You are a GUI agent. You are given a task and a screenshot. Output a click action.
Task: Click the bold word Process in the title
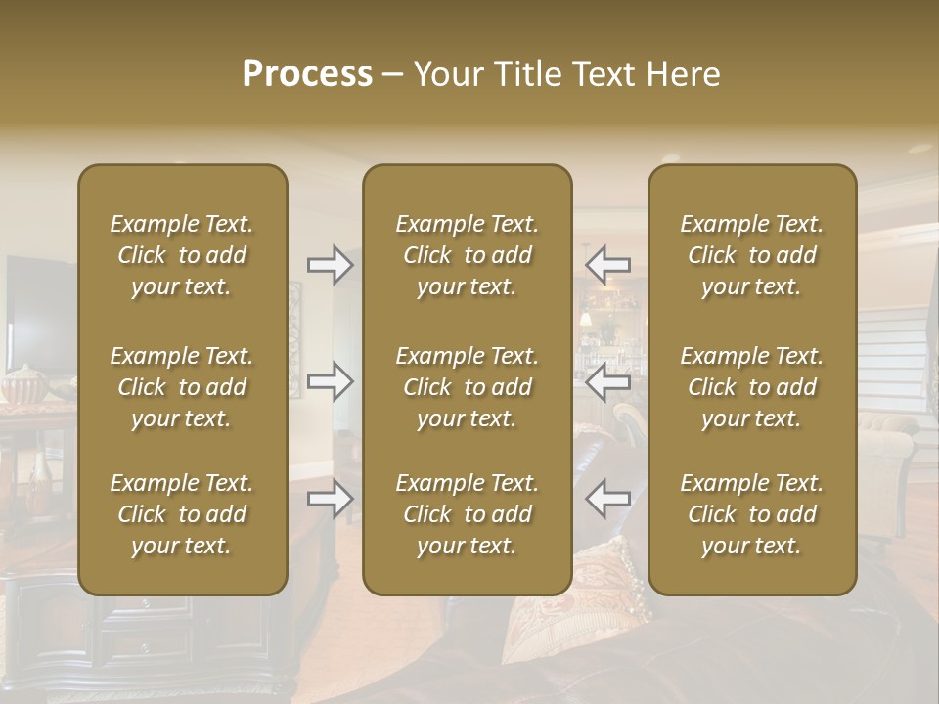tap(307, 74)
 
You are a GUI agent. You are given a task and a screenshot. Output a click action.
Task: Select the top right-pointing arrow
tap(330, 264)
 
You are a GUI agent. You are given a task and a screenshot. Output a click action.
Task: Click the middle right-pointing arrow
tap(330, 381)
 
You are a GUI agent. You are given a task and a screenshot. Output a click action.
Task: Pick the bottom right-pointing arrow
tap(330, 499)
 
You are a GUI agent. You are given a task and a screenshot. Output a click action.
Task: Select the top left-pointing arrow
tap(608, 264)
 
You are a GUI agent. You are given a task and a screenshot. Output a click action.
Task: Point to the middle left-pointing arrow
tap(608, 381)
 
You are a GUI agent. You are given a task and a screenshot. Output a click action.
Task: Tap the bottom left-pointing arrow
tap(608, 499)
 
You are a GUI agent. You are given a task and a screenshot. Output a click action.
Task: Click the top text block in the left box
tap(182, 255)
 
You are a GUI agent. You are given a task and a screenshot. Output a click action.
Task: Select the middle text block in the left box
tap(182, 387)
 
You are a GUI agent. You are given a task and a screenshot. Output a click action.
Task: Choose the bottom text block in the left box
tap(182, 514)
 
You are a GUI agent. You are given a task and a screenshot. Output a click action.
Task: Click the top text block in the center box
tap(467, 255)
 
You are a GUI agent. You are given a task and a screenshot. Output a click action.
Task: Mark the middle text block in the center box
tap(467, 387)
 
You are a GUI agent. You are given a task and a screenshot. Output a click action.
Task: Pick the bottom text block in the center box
tap(467, 514)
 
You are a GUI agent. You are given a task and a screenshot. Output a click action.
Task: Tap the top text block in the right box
tap(751, 255)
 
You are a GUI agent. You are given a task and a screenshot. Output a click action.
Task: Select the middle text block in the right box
tap(751, 387)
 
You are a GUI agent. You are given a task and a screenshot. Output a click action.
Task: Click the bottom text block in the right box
tap(751, 514)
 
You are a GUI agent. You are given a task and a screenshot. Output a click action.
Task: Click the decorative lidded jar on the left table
tap(22, 384)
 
